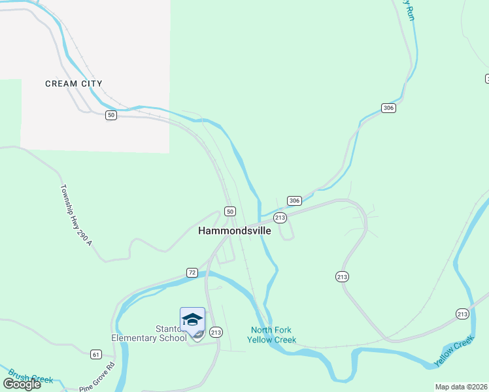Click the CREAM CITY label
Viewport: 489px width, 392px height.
coord(74,84)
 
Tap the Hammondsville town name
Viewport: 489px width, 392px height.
coord(234,231)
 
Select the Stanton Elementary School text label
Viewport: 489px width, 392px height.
coord(149,333)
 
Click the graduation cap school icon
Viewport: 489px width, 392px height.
coord(192,319)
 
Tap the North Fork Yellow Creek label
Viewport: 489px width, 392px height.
coord(271,335)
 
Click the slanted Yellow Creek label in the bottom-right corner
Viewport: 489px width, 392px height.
coord(454,351)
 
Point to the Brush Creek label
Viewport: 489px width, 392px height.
coord(31,378)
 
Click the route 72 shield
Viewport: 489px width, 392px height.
coord(192,272)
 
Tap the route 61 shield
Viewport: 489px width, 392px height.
coord(96,354)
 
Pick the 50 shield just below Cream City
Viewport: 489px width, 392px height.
coord(111,115)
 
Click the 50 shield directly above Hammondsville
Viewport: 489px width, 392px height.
coord(229,211)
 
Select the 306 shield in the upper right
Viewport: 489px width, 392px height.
coord(389,108)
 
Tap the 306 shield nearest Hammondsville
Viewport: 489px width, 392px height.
coord(294,201)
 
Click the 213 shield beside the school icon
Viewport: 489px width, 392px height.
coord(217,332)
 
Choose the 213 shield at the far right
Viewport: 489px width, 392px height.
coord(463,314)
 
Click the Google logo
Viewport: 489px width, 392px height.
coord(22,384)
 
